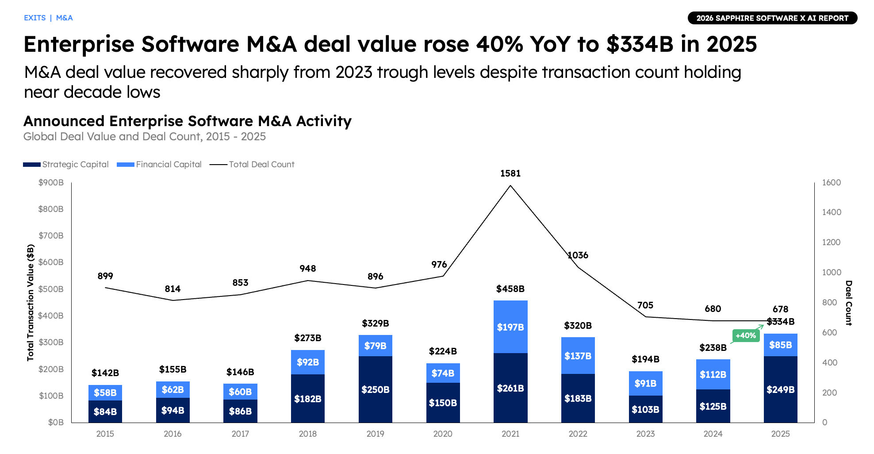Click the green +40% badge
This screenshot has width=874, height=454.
[x=745, y=335]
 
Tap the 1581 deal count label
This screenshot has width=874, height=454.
[x=510, y=173]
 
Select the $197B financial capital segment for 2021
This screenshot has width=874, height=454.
[x=510, y=327]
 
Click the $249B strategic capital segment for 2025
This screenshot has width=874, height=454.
[x=780, y=389]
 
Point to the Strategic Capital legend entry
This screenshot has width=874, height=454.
[x=66, y=165]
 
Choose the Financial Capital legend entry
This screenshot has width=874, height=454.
[x=159, y=165]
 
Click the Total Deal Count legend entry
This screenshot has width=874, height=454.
[x=252, y=165]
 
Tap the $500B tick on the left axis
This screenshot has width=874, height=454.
[x=51, y=289]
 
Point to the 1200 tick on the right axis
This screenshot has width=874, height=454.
[x=831, y=242]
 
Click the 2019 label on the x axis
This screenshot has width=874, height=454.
[x=375, y=434]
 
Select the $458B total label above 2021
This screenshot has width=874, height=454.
[x=510, y=289]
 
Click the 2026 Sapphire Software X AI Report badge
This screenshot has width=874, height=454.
[x=772, y=18]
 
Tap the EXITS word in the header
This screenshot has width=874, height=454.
[x=35, y=18]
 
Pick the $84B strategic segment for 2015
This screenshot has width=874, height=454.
[x=105, y=412]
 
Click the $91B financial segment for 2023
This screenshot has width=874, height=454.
[x=645, y=383]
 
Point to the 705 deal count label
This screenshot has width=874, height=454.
[x=645, y=305]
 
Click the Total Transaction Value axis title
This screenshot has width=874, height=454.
[x=31, y=303]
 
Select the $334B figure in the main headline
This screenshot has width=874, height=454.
[x=640, y=44]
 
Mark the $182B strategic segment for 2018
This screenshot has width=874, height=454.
[x=308, y=399]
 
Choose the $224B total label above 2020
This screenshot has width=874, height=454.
[x=443, y=351]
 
